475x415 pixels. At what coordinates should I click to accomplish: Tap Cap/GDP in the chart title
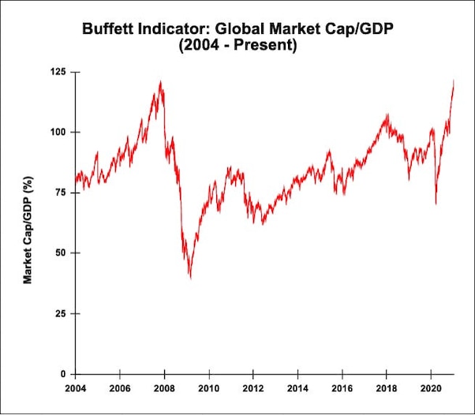(360, 29)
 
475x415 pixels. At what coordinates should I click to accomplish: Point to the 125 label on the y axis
(58, 72)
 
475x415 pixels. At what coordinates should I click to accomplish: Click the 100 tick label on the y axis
(58, 133)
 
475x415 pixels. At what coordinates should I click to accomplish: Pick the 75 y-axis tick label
(61, 193)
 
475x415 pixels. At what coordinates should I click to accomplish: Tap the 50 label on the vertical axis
(61, 253)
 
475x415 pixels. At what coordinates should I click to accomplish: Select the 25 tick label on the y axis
(61, 313)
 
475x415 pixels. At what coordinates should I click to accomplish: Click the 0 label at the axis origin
(63, 374)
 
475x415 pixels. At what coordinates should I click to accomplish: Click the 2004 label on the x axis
(76, 389)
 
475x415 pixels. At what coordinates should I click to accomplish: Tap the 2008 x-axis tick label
(164, 389)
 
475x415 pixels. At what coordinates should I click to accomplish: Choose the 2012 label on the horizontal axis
(253, 389)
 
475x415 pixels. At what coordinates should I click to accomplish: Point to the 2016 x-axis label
(342, 389)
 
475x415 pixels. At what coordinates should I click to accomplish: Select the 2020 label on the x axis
(431, 389)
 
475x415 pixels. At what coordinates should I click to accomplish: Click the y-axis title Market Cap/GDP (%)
(28, 230)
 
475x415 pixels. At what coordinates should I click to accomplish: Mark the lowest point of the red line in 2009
(190, 278)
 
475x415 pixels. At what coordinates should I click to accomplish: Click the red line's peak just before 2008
(160, 81)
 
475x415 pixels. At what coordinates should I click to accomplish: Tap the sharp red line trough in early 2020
(436, 204)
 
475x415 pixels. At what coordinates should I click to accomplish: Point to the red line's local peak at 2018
(387, 114)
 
